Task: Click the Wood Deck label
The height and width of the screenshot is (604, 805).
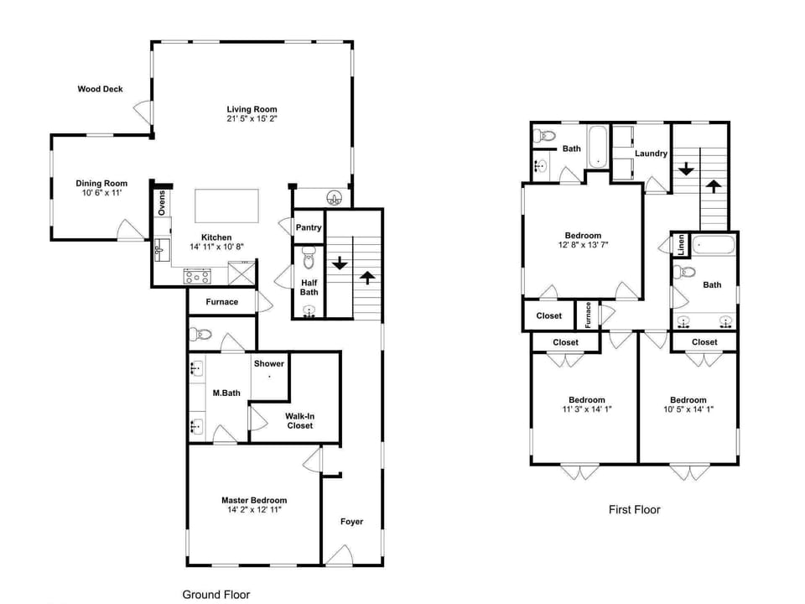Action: click(100, 89)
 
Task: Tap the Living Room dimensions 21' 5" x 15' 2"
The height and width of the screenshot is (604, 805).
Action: click(252, 119)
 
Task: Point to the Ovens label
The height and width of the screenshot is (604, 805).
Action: click(162, 203)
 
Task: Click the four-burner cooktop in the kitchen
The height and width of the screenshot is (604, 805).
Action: click(197, 274)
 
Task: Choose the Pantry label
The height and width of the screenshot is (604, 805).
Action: click(309, 227)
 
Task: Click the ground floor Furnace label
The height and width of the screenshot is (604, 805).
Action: click(221, 302)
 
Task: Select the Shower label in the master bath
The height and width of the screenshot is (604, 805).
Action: click(269, 363)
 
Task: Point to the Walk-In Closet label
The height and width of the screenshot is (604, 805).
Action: click(299, 421)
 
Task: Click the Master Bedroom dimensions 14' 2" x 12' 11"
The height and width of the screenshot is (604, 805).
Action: click(253, 510)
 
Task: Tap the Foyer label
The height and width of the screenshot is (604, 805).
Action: click(351, 522)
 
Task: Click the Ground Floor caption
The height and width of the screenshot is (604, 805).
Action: click(216, 594)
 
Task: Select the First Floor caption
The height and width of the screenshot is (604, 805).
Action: click(634, 509)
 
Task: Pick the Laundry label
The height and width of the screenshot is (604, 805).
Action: click(651, 154)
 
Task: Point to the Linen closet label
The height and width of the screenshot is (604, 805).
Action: click(681, 246)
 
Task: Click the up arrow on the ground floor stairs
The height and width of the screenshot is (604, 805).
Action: click(367, 277)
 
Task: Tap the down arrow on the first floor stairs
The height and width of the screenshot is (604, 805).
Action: click(686, 169)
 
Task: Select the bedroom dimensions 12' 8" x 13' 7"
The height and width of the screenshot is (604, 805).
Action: click(583, 245)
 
